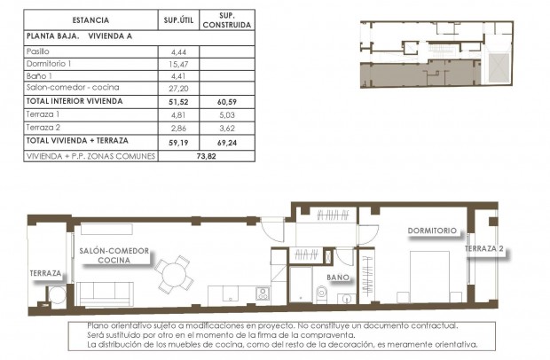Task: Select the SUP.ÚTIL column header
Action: pos(174,20)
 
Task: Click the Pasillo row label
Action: pos(40,52)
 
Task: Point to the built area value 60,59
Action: pos(225,102)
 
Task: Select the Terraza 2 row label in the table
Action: pos(44,128)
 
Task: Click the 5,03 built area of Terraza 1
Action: pos(225,114)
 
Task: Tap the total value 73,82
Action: pos(205,155)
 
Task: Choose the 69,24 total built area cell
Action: pos(225,141)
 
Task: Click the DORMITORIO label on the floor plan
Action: pos(432,231)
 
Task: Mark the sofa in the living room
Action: pos(105,293)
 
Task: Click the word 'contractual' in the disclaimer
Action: pos(430,326)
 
